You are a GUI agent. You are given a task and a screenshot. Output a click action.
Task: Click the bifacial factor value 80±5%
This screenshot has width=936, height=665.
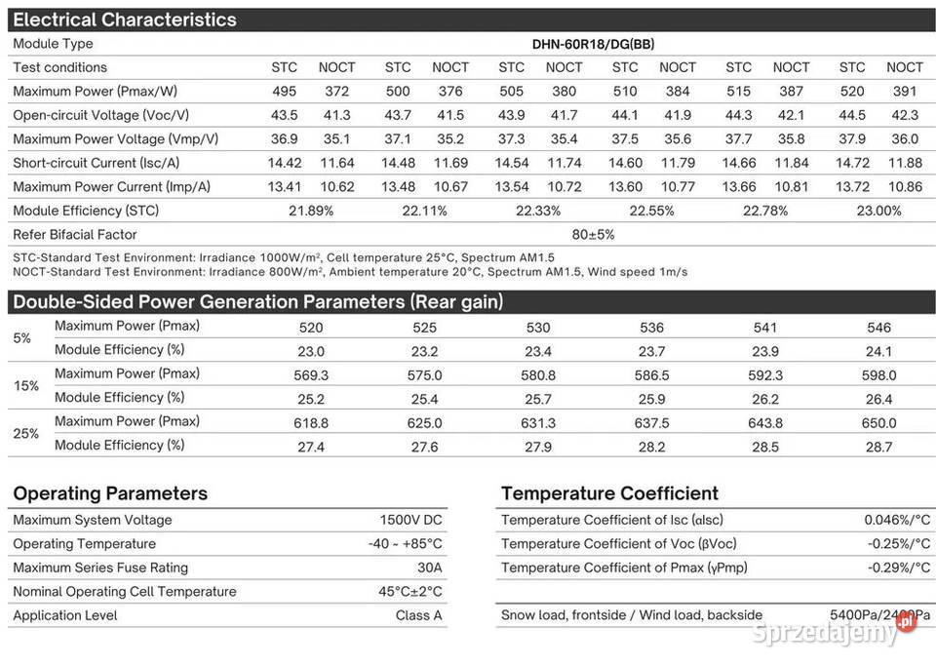click(x=593, y=235)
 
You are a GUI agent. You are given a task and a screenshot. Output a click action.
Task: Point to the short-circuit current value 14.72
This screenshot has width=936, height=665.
click(x=852, y=163)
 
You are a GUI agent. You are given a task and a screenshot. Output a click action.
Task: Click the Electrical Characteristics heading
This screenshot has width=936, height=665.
click(x=125, y=20)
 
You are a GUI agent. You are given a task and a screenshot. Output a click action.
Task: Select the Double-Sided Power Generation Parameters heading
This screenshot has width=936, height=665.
click(x=257, y=302)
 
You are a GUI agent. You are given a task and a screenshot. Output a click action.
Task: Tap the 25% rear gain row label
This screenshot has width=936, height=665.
click(x=26, y=433)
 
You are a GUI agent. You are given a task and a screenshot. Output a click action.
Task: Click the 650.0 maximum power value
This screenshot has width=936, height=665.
click(x=878, y=423)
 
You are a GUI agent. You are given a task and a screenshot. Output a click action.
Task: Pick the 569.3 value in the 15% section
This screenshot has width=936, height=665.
click(x=311, y=375)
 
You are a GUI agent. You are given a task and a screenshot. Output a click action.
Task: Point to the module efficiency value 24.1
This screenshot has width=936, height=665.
click(x=878, y=351)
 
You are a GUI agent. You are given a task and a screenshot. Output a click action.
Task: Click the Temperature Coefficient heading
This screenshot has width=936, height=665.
click(x=609, y=493)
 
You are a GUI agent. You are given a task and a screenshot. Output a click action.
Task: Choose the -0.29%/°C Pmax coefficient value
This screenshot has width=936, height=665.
click(x=898, y=567)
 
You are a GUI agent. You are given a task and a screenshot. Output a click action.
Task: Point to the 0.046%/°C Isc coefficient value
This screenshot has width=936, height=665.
click(x=897, y=521)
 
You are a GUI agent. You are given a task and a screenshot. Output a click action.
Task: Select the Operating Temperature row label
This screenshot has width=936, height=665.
click(x=84, y=544)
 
